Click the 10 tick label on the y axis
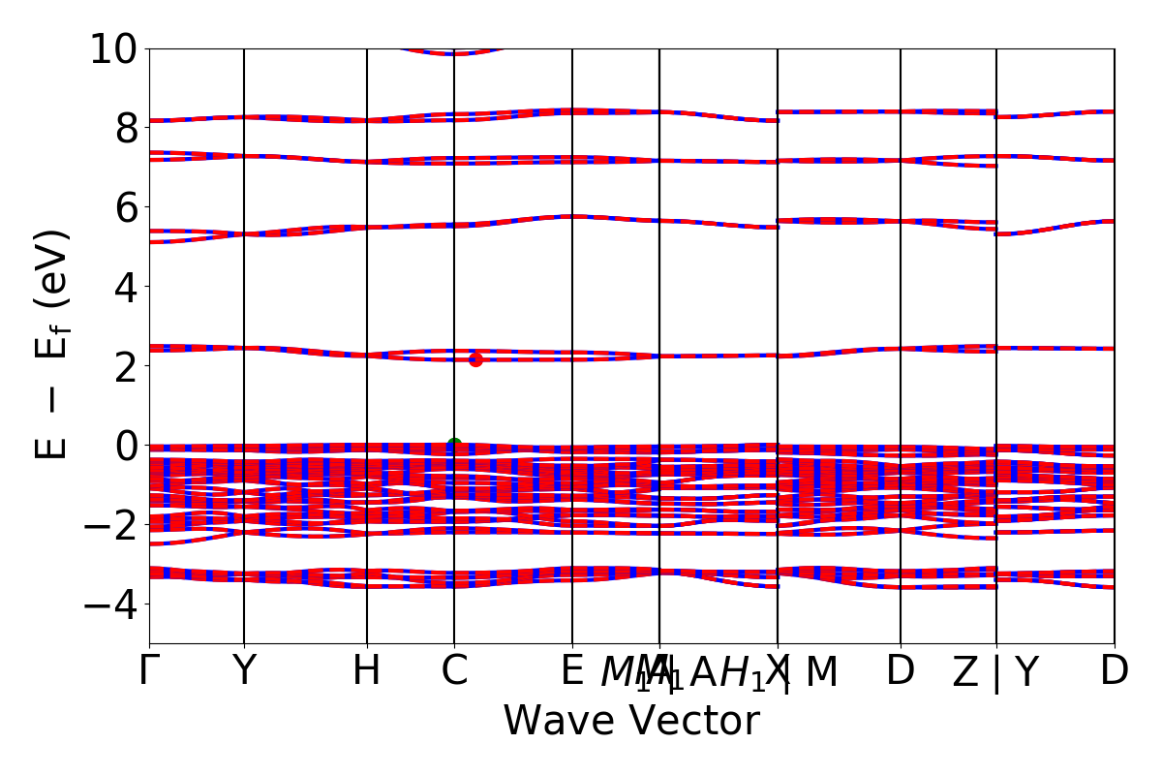114,48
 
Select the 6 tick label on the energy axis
126,207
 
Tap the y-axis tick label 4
126,287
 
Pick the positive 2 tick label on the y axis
126,366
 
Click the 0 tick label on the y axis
126,446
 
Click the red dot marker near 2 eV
475,360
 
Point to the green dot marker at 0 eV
454,445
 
